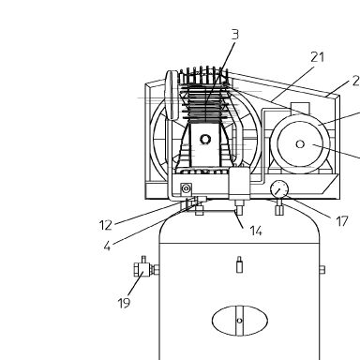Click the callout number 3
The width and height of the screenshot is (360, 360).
235,35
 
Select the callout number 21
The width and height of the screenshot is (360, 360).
318,57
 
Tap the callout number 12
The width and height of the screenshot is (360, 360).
106,225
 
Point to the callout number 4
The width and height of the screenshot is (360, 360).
107,247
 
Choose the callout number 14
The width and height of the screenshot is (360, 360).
256,231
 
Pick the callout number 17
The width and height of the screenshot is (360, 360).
342,221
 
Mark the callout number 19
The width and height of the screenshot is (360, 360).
124,303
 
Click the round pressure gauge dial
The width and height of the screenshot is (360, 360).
279,189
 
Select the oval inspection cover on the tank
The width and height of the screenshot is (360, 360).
240,321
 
